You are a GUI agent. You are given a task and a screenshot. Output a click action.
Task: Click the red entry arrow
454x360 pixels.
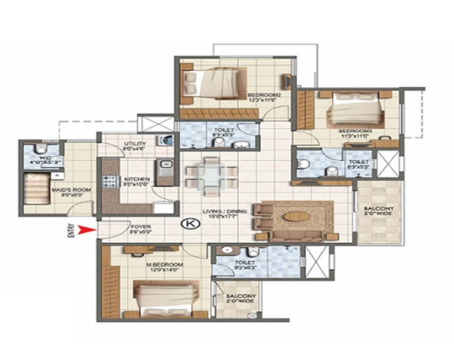coord(87,232)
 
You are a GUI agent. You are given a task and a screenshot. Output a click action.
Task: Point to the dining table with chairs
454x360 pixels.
coord(211,172)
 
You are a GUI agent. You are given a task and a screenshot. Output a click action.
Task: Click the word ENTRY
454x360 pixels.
coord(72,232)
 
